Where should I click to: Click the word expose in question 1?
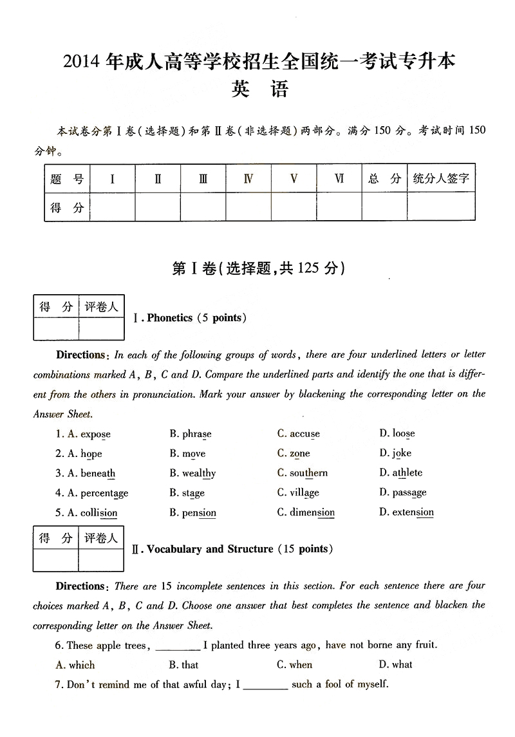tap(95, 434)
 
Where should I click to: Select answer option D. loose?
tap(403, 434)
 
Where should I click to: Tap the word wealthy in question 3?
tap(199, 474)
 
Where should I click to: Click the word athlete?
tap(407, 473)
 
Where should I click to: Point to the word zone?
tap(299, 454)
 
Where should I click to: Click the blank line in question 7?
tap(265, 686)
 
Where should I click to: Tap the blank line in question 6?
tap(178, 646)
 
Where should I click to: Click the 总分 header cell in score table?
tap(384, 179)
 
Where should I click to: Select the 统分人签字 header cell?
tap(441, 179)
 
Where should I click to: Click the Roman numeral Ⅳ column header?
tap(248, 179)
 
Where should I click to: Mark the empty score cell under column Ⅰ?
tap(113, 207)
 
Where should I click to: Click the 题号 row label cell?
tap(67, 179)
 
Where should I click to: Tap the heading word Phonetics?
tap(170, 318)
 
